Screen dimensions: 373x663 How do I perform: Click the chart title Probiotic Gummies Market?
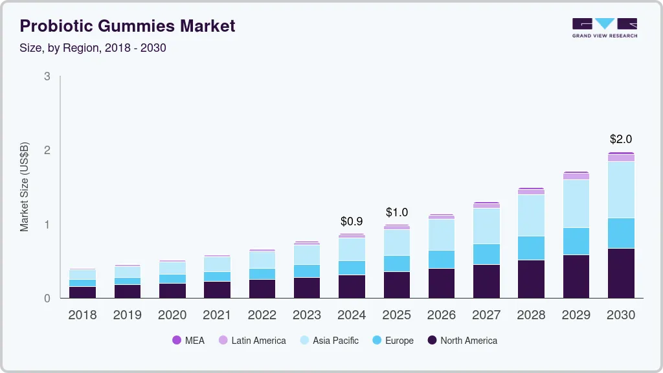click(128, 27)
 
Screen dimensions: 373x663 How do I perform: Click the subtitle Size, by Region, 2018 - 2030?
click(93, 48)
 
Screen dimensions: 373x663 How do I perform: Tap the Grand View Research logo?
click(604, 28)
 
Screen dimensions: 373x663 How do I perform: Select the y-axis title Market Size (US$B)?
click(25, 186)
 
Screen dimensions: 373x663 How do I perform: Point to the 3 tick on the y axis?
click(47, 76)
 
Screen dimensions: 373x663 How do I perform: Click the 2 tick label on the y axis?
click(47, 150)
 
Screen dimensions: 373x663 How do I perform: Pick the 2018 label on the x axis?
click(82, 315)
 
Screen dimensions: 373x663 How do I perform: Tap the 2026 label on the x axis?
click(442, 315)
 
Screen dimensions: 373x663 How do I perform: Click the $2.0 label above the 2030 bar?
click(621, 139)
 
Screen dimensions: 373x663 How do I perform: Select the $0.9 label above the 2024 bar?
click(352, 221)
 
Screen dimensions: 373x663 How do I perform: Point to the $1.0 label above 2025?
click(397, 212)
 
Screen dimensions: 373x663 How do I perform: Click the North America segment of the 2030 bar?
click(621, 273)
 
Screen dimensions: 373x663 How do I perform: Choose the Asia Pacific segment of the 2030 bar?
click(621, 189)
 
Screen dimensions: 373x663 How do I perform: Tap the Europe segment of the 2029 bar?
click(576, 241)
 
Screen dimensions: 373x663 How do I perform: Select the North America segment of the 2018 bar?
click(82, 292)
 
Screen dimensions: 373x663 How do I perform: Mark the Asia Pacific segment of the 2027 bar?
click(486, 225)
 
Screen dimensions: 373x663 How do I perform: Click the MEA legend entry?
click(188, 341)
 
